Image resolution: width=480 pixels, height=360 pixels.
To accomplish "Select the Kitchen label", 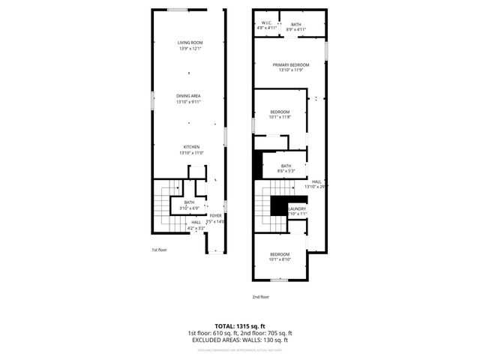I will click(x=191, y=147).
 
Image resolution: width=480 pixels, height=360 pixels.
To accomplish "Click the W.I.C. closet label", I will click(x=266, y=24).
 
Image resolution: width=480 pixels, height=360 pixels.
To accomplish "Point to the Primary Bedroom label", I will click(x=290, y=65).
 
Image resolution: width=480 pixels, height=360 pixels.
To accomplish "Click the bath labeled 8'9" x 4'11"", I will click(x=296, y=26).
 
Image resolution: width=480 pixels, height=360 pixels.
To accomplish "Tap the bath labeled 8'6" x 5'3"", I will click(x=286, y=167).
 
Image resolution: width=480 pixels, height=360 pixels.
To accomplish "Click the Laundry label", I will click(x=297, y=209).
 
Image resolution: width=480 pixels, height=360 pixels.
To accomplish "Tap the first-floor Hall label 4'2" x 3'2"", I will click(x=196, y=223).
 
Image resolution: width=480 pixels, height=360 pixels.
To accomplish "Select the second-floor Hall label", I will click(x=316, y=182).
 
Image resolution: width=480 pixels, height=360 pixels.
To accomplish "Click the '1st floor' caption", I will click(x=160, y=249).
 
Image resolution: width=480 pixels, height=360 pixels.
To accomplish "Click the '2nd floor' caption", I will click(x=260, y=297).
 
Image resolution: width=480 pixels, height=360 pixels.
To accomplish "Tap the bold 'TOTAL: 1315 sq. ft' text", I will click(x=239, y=326).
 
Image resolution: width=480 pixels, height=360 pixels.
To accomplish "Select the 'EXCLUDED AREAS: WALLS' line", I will click(x=239, y=340).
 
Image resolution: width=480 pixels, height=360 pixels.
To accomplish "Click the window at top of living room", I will click(x=178, y=10).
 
